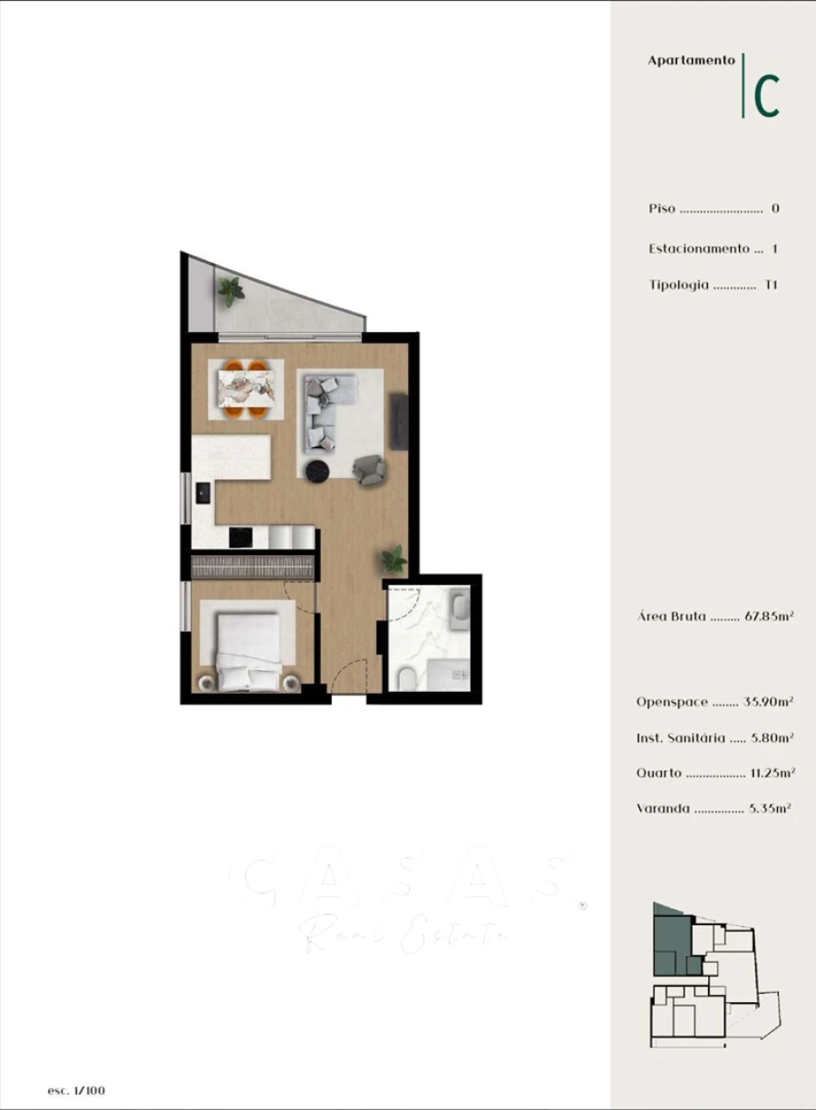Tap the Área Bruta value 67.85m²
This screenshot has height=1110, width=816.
[769, 617]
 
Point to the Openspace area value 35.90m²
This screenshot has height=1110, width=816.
[769, 702]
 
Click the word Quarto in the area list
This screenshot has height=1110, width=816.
[658, 774]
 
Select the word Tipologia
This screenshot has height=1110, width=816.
[678, 285]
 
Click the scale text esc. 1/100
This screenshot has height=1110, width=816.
[76, 1090]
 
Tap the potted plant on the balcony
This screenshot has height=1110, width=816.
[231, 290]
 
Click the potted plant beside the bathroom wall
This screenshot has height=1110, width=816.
[393, 558]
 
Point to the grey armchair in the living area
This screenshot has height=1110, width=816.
[369, 467]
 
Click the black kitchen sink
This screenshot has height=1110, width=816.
[202, 492]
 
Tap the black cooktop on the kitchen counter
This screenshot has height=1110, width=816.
[240, 537]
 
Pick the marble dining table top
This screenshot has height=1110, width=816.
[246, 388]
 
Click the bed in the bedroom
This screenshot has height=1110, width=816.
[247, 649]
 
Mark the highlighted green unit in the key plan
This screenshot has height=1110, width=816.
[671, 943]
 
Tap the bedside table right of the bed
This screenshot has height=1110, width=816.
[293, 683]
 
